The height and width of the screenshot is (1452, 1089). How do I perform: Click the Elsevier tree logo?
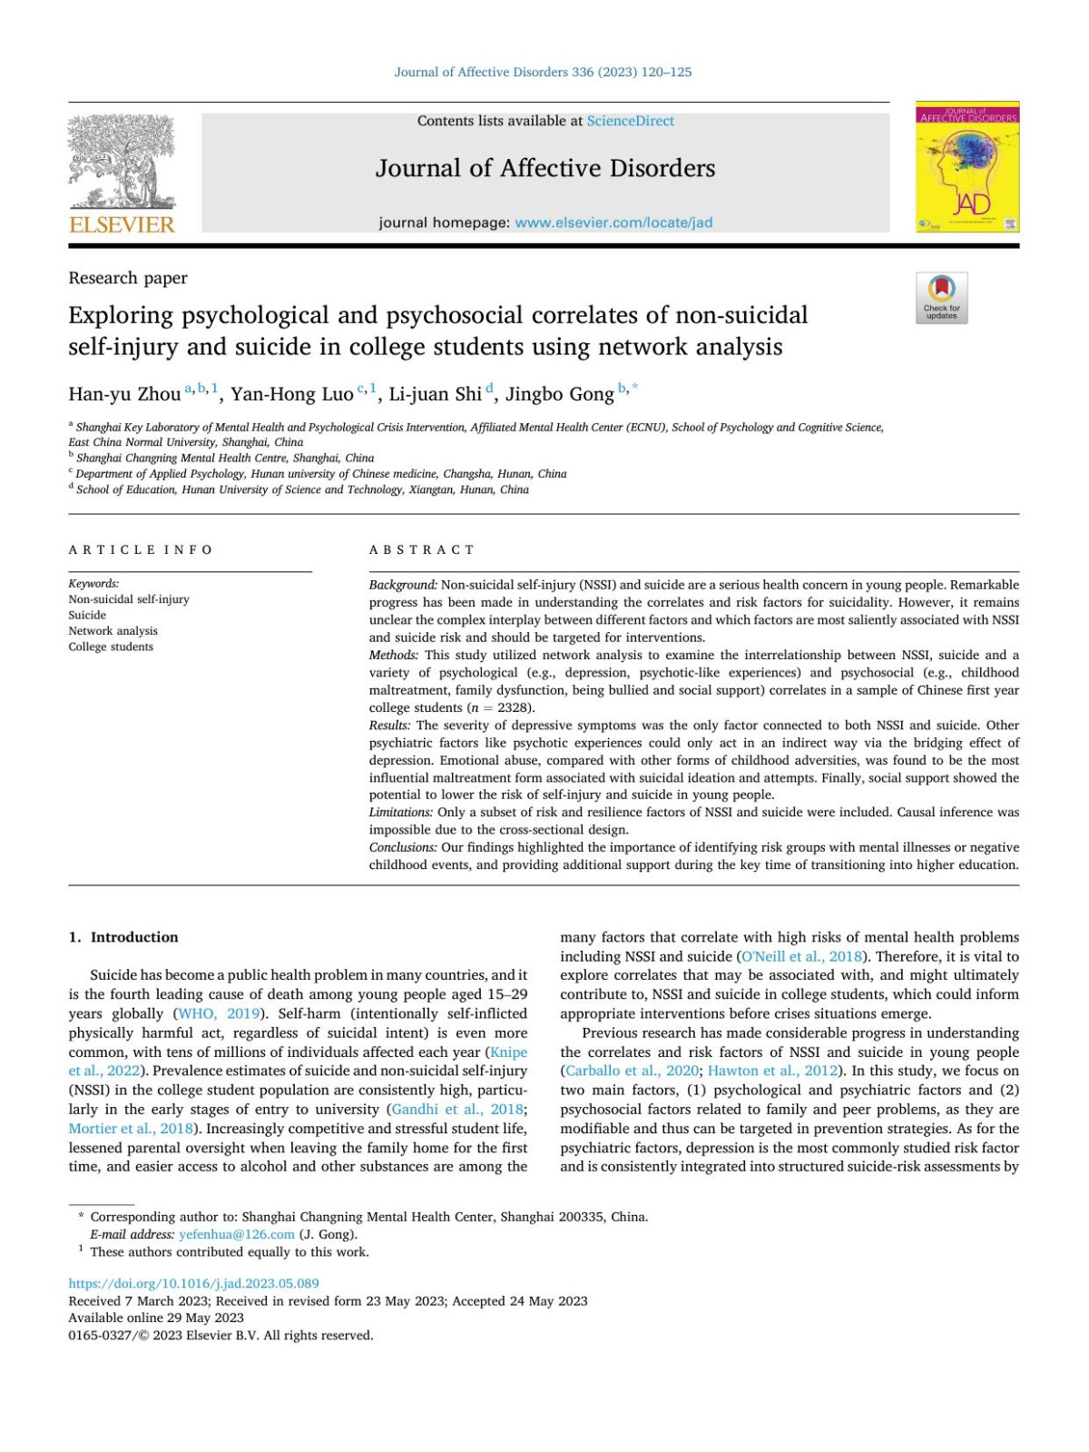point(122,163)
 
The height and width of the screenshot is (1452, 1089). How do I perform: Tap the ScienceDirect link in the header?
point(630,121)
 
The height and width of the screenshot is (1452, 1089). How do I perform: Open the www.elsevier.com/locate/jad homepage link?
point(613,222)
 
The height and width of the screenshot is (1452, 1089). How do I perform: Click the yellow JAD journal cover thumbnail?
point(966,167)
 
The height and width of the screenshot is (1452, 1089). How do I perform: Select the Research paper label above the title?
point(128,278)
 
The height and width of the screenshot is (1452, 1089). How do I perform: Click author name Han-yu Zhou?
point(124,394)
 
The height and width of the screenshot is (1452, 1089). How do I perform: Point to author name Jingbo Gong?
point(559,394)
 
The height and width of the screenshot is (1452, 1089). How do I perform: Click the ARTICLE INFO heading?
point(141,549)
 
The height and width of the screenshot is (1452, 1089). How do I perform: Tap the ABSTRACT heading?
point(421,549)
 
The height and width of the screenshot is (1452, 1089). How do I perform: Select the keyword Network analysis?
point(113,631)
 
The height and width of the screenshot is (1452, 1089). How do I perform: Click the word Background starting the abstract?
point(403,585)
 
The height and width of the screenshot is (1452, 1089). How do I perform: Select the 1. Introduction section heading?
point(123,937)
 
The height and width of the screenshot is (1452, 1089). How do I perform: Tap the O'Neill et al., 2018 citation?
point(801,956)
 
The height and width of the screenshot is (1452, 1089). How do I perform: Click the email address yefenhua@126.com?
point(237,1234)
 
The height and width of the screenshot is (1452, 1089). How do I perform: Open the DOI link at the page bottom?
point(193,1283)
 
